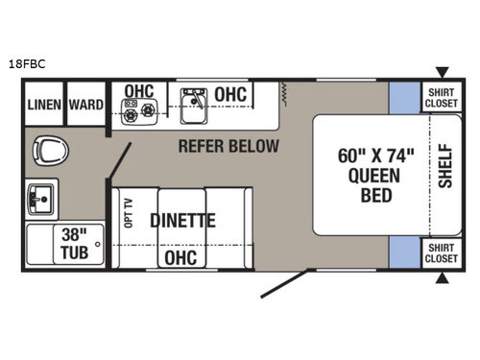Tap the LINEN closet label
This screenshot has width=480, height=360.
43,105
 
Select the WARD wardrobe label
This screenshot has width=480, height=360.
85,105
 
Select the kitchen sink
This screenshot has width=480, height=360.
196,104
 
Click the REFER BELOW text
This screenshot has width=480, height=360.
228,147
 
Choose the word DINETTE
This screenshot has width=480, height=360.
182,220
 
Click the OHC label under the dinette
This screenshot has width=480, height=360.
180,257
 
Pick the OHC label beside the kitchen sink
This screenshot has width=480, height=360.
231,94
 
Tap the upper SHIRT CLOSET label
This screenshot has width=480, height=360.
442,97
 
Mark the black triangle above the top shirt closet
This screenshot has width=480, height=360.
442,71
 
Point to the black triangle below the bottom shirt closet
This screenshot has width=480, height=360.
442,279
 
